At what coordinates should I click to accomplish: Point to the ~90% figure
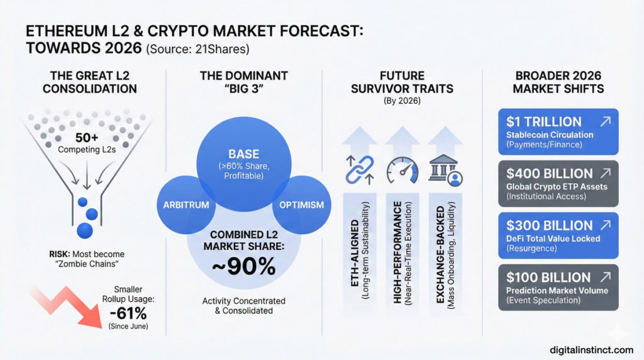[x=243, y=267]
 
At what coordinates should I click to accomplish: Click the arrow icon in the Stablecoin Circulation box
[x=605, y=121]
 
